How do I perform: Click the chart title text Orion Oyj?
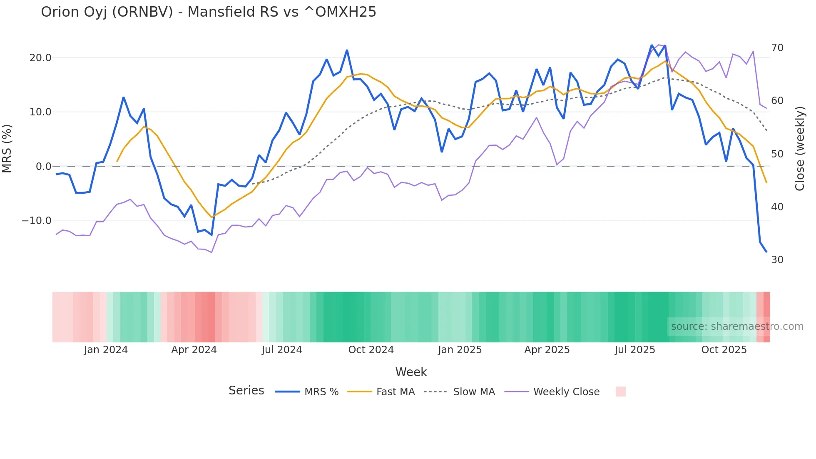click(208, 12)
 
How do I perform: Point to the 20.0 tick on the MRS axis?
click(40, 58)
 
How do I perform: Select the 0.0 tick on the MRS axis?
click(43, 167)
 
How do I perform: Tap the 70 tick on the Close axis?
click(777, 48)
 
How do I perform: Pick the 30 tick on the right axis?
click(777, 260)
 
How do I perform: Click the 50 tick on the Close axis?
click(777, 154)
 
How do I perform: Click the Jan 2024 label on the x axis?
click(106, 350)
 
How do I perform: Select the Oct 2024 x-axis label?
click(371, 350)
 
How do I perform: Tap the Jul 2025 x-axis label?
click(635, 350)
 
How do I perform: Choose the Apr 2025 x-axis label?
click(547, 350)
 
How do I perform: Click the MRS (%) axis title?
click(7, 148)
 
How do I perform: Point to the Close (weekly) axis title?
click(800, 149)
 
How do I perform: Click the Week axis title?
click(411, 372)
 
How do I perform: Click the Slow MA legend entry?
click(474, 392)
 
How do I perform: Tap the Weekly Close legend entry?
click(566, 392)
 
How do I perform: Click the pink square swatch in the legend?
click(621, 392)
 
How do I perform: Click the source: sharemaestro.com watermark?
click(737, 327)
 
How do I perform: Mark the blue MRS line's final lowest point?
click(766, 252)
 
